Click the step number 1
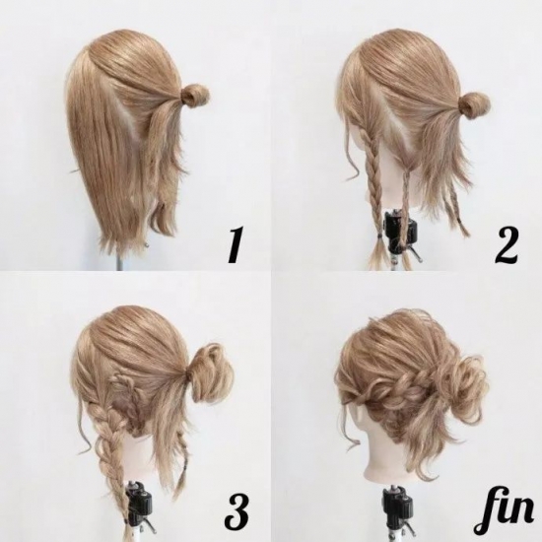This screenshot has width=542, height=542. pos(234,244)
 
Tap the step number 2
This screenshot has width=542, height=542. pos(506,244)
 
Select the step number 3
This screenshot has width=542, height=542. pos(237,515)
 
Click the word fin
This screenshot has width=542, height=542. pos(504,515)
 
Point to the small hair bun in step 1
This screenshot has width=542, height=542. pos(195,95)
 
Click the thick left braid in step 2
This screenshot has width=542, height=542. pos(372,179)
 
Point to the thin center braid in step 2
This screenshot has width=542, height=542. pos(405,204)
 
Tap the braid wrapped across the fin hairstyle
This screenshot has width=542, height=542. pos(397,389)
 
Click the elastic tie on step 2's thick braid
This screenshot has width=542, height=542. pos(379,237)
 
